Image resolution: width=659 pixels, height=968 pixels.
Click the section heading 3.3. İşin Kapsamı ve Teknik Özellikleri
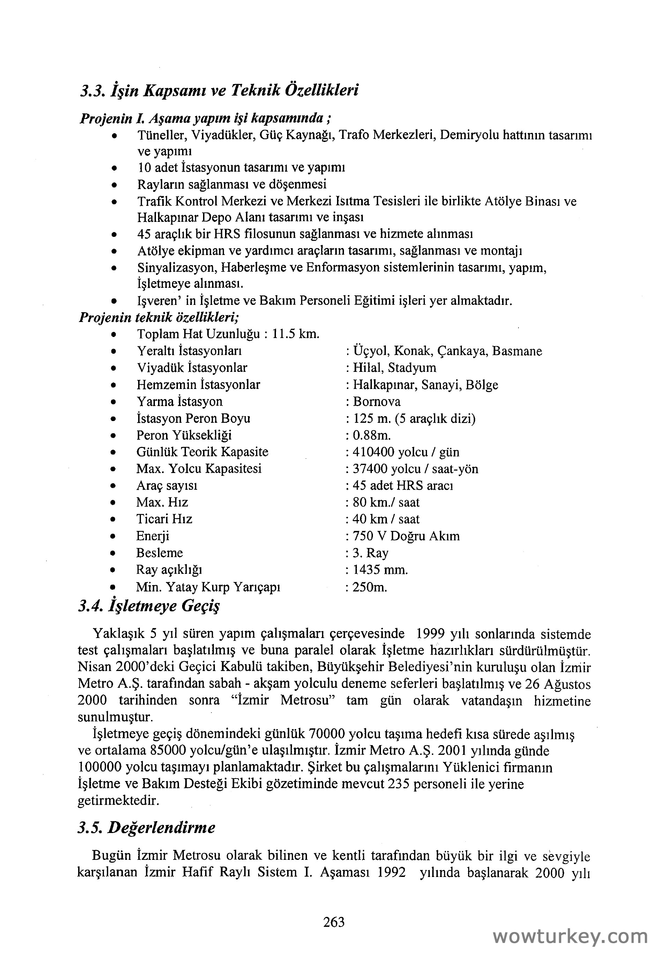pyautogui.click(x=219, y=90)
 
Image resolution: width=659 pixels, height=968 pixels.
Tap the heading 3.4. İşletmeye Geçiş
pyautogui.click(x=149, y=606)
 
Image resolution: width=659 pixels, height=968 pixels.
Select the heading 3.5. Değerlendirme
pyautogui.click(x=147, y=827)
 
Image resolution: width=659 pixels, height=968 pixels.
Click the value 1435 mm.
pyautogui.click(x=380, y=570)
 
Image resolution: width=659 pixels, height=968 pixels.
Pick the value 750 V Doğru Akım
pyautogui.click(x=406, y=536)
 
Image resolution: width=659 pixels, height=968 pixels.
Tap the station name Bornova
pyautogui.click(x=376, y=402)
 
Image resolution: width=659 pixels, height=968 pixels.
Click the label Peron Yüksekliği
pyautogui.click(x=184, y=435)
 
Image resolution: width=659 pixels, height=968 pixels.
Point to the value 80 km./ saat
pyautogui.click(x=386, y=502)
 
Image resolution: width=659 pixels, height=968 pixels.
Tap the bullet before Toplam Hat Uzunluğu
pyautogui.click(x=113, y=335)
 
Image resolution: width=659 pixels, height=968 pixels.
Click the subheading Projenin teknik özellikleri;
pyautogui.click(x=159, y=317)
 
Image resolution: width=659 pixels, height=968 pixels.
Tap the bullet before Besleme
pyautogui.click(x=113, y=554)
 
